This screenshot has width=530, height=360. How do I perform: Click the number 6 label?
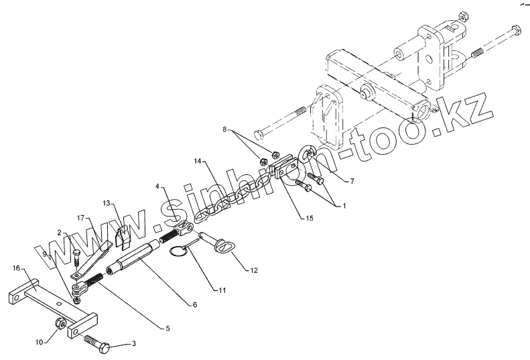(195, 305)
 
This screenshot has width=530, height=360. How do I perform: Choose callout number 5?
(168, 328)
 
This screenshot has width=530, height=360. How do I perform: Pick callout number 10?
(39, 341)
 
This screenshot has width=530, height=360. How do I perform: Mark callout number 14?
(198, 162)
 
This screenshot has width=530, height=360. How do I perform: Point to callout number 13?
(108, 202)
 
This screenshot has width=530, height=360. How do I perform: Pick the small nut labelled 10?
(62, 325)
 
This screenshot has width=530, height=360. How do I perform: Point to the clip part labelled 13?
(123, 236)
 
